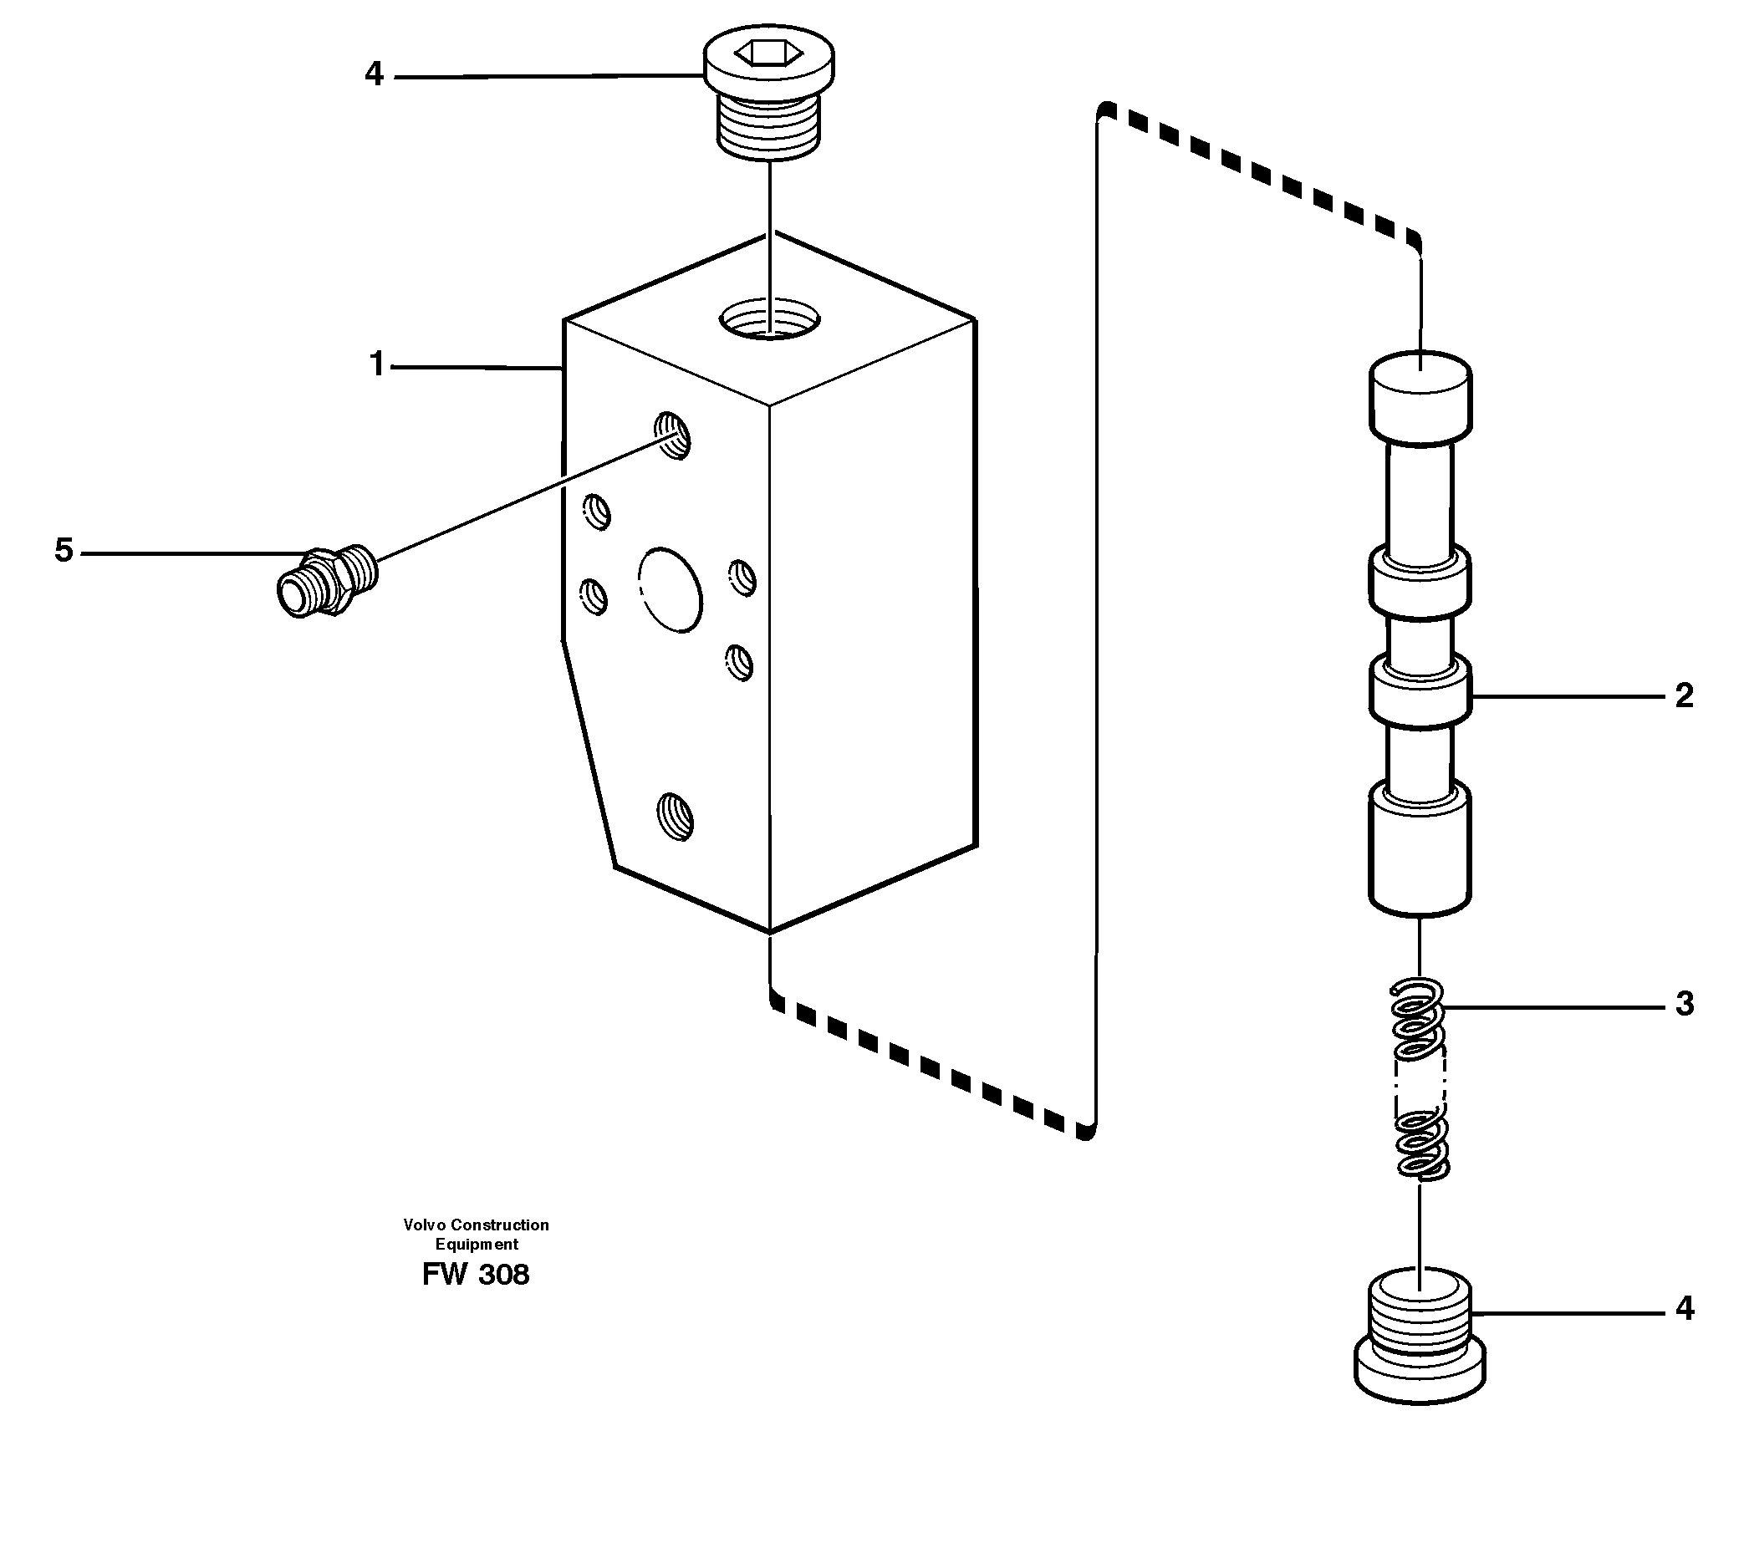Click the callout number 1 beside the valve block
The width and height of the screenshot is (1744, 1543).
[376, 365]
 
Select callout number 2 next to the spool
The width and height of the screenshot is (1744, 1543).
[1684, 696]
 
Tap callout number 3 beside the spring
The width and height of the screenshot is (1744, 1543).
[1684, 1004]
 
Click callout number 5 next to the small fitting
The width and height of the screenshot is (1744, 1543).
[64, 551]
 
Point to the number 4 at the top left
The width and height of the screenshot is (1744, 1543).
[374, 75]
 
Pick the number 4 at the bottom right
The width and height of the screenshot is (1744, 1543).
[1684, 1308]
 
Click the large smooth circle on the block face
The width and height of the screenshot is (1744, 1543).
[671, 589]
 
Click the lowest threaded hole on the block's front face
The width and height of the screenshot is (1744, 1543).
[675, 817]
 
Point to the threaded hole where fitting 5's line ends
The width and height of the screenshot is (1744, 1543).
[672, 435]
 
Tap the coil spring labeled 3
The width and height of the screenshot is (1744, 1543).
[1420, 1082]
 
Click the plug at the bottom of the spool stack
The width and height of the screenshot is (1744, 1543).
[1420, 1339]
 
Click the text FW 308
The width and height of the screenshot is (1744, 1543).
[475, 1276]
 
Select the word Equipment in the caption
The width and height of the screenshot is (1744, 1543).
[476, 1245]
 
